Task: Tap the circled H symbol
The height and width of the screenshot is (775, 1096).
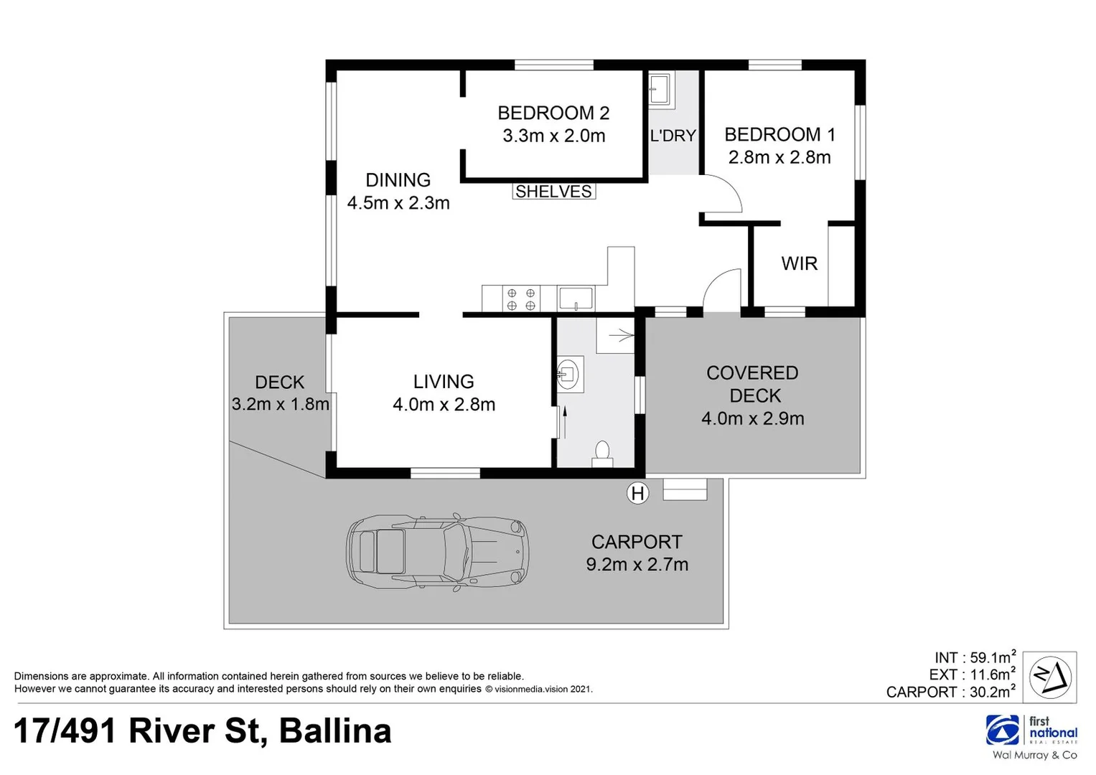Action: coord(637,493)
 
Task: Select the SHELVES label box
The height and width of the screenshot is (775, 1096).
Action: coord(553,192)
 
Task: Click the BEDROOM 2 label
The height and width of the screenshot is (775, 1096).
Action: coord(553,113)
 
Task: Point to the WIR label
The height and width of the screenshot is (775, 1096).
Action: coord(799,263)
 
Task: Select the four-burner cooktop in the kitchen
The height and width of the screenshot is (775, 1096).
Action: coord(521,299)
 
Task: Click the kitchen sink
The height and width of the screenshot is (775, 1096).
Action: coord(576,298)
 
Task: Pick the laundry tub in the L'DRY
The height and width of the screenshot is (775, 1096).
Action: coord(660,90)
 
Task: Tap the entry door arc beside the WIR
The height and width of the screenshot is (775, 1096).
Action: coord(722,290)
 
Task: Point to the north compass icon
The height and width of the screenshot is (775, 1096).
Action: coord(1049,677)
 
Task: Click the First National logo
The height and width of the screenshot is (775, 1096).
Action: coord(1031,731)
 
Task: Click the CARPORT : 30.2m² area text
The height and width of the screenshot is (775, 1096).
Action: coord(950,692)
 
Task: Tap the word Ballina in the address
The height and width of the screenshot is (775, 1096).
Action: coord(334,731)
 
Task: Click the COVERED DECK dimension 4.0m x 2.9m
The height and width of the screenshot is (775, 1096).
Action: coord(752,418)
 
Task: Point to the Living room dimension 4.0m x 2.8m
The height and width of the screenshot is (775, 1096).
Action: coord(444,405)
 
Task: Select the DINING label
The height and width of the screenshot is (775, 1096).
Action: coord(398,180)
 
